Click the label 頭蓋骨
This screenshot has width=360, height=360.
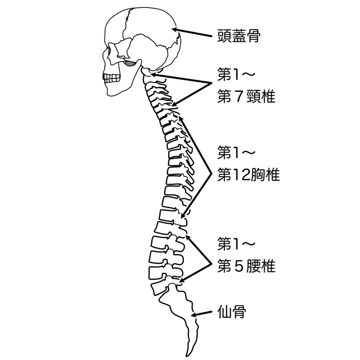[239, 36]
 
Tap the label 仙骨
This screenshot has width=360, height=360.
[232, 312]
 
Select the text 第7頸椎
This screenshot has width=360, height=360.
[246, 97]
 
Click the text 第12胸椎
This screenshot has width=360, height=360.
[248, 174]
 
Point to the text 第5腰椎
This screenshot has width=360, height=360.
[246, 266]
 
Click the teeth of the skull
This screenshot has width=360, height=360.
[112, 78]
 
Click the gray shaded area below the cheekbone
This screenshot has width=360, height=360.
[130, 64]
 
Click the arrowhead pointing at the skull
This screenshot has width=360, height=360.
[175, 30]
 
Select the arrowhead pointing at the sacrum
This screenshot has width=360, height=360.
[194, 315]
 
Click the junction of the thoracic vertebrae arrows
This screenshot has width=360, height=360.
[211, 173]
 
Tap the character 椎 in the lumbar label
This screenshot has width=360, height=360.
[268, 266]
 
